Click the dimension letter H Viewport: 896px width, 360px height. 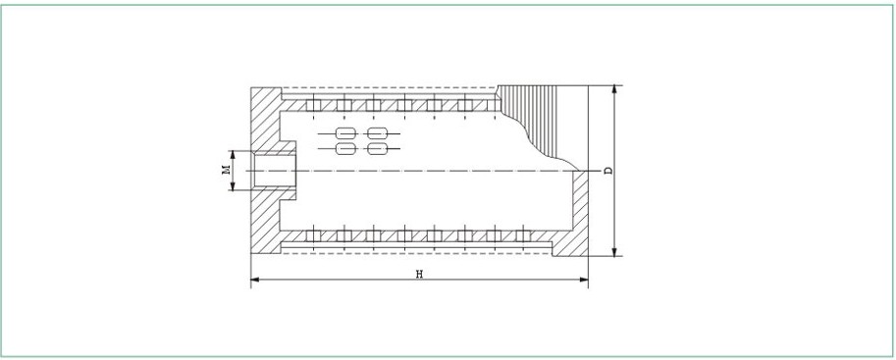[419, 274]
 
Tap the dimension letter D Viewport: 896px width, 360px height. [608, 171]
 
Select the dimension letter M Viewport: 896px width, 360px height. [226, 170]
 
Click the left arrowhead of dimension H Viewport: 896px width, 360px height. [255, 280]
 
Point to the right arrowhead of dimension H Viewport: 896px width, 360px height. [584, 280]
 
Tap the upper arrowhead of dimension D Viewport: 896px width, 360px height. [615, 89]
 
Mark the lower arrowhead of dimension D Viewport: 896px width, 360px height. [615, 252]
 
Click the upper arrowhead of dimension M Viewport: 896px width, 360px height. [233, 155]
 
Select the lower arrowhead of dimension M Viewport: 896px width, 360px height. [233, 185]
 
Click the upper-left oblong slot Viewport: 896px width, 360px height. [344, 133]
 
